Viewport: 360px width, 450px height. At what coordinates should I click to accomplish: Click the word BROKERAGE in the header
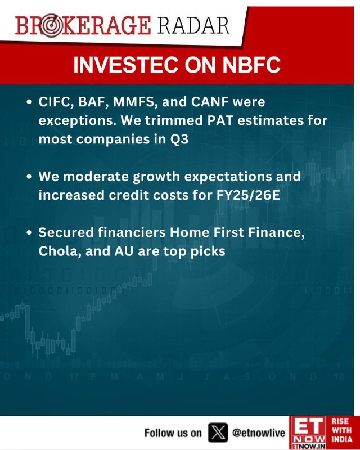[83, 26]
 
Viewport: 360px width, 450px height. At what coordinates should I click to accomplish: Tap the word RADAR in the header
[193, 26]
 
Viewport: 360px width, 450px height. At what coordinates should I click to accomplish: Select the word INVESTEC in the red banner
[126, 65]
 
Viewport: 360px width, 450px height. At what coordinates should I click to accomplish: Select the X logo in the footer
[218, 432]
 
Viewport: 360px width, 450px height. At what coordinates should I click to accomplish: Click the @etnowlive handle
[259, 433]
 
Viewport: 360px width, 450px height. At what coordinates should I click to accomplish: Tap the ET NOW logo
[308, 433]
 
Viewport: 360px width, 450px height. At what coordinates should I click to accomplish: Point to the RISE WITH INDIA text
[341, 430]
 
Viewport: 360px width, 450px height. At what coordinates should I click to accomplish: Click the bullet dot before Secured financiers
[29, 233]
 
